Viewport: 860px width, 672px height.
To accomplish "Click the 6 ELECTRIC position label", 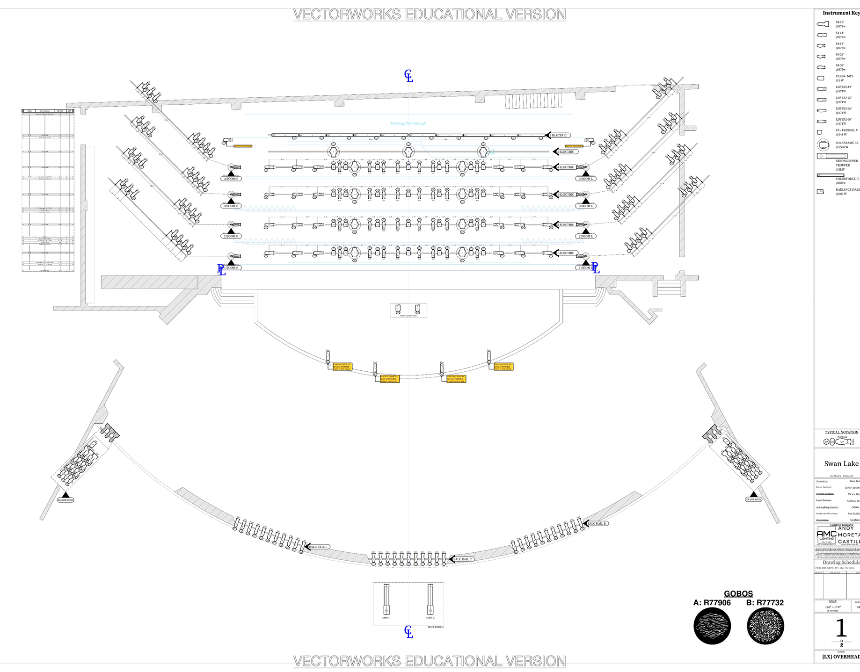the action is pos(559,136).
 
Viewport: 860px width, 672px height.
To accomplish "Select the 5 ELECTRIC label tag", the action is pos(566,152).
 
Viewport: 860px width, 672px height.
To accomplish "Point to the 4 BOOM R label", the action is pos(231,179).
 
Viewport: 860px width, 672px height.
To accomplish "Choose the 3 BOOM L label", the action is pos(586,206).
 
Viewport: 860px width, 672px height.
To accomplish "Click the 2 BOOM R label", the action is pos(231,237).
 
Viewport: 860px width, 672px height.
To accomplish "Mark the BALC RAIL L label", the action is pos(319,547).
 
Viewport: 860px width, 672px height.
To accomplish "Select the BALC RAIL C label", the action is pos(462,559).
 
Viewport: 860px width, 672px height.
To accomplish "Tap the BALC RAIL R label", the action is pos(596,524).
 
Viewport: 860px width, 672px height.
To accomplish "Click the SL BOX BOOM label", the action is pos(66,500).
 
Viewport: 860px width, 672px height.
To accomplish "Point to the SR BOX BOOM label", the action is pos(753,499).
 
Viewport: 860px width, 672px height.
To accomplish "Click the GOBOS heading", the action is pos(738,594).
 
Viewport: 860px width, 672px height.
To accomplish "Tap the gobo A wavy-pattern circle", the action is pos(712,626).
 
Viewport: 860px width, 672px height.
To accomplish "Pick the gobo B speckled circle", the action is pos(765,626).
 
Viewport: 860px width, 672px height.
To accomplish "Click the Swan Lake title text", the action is pos(841,464).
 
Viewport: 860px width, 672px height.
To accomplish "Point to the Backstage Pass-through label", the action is pos(408,123).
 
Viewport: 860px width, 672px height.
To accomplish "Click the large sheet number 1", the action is pos(841,628).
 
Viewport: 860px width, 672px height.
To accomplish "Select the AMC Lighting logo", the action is pos(826,536).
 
